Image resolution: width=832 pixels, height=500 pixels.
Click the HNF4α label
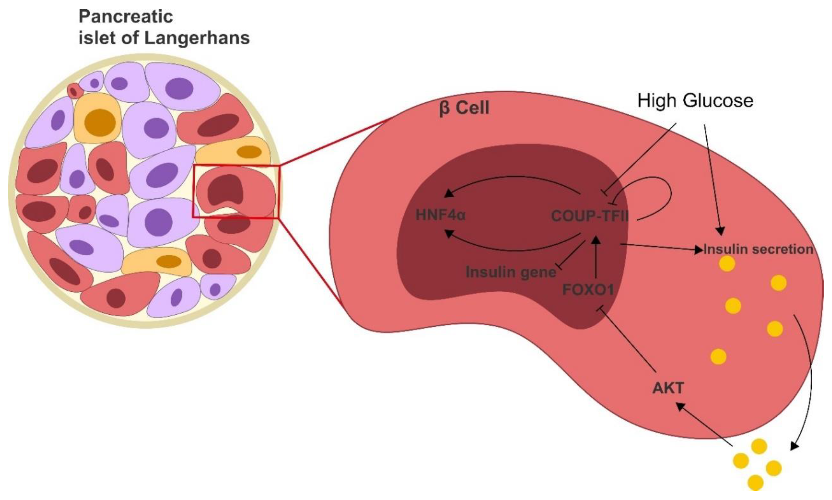point(441,215)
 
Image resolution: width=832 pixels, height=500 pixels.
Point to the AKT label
point(668,388)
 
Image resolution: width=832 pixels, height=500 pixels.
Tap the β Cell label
point(464,109)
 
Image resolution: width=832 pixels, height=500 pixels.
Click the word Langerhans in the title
point(197,38)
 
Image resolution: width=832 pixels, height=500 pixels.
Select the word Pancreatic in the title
point(126,17)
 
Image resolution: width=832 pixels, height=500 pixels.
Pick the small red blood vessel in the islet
point(74,91)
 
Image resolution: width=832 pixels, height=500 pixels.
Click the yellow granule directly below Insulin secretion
point(727,264)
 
